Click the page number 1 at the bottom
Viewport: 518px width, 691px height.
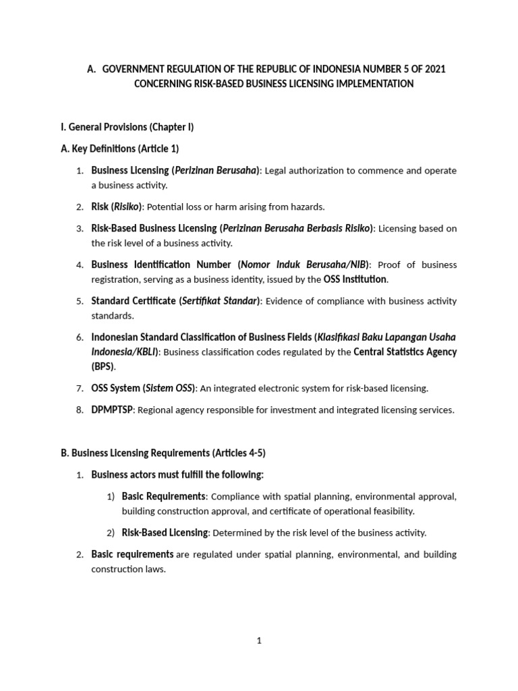[x=258, y=641]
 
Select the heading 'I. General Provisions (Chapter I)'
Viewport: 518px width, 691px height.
[x=127, y=127]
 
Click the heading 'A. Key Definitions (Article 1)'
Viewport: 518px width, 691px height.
[x=119, y=148]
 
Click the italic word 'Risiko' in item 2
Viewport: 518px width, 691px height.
[x=126, y=206]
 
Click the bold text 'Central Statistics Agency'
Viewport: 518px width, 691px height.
[x=405, y=352]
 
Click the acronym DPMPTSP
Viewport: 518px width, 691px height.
[x=113, y=410]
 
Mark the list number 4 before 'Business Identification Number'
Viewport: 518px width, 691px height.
[x=79, y=265]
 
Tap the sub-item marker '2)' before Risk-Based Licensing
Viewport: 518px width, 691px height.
[x=111, y=533]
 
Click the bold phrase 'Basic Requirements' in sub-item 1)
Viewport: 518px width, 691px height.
[x=164, y=497]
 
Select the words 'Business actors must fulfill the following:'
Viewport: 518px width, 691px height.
[x=177, y=474]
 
